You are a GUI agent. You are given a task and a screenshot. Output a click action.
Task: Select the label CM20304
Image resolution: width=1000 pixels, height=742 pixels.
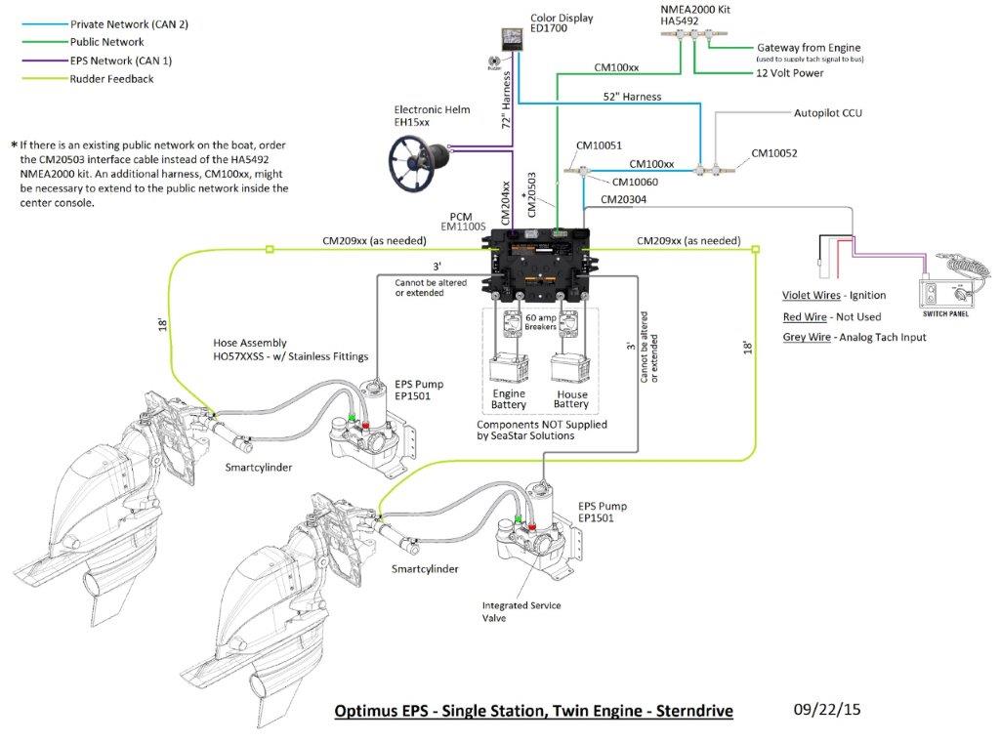pyautogui.click(x=622, y=199)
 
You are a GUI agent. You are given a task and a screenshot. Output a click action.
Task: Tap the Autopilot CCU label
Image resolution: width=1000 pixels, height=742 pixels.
pyautogui.click(x=827, y=113)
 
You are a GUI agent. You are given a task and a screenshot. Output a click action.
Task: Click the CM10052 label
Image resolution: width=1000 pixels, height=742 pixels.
pyautogui.click(x=773, y=153)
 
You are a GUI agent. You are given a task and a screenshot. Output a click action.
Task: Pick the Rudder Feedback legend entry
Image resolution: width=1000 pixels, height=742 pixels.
pyautogui.click(x=111, y=79)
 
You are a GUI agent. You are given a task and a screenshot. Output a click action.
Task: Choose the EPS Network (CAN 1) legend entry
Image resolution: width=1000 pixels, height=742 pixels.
pyautogui.click(x=120, y=61)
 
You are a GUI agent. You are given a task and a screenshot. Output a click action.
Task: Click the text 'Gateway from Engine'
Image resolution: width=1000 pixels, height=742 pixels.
pyautogui.click(x=810, y=48)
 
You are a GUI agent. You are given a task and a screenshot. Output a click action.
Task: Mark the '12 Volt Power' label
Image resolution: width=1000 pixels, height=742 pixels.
pyautogui.click(x=789, y=73)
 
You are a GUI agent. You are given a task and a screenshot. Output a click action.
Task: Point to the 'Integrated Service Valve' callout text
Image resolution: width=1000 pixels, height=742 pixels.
pyautogui.click(x=521, y=611)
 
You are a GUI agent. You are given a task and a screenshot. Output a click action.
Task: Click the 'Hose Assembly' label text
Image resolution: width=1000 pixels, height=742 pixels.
pyautogui.click(x=250, y=344)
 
